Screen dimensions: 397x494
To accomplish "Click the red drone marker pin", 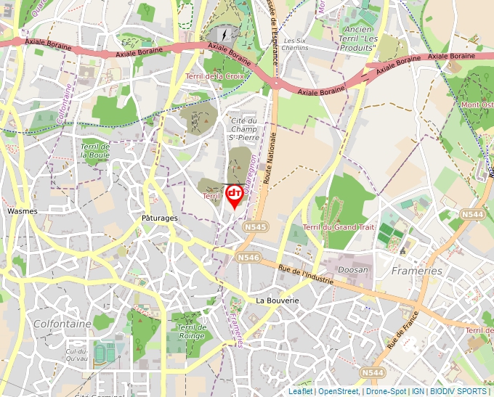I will pyautogui.click(x=235, y=195).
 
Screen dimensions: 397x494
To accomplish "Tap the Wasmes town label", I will pyautogui.click(x=22, y=211).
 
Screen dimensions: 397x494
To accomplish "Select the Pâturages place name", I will pyautogui.click(x=160, y=218).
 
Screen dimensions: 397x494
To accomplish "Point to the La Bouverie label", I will pyautogui.click(x=278, y=300).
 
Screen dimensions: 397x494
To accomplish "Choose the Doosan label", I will pyautogui.click(x=353, y=269).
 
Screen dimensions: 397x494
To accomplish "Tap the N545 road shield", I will pyautogui.click(x=256, y=227).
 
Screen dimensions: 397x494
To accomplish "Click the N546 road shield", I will pyautogui.click(x=248, y=258).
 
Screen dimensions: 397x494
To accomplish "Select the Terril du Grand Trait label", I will pyautogui.click(x=339, y=227).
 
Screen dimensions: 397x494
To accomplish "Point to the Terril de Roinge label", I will pyautogui.click(x=193, y=332).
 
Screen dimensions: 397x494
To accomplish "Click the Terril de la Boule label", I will pyautogui.click(x=95, y=150).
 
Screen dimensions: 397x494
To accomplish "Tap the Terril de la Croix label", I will pyautogui.click(x=214, y=75).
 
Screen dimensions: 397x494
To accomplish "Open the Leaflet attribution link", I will pyautogui.click(x=300, y=391).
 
